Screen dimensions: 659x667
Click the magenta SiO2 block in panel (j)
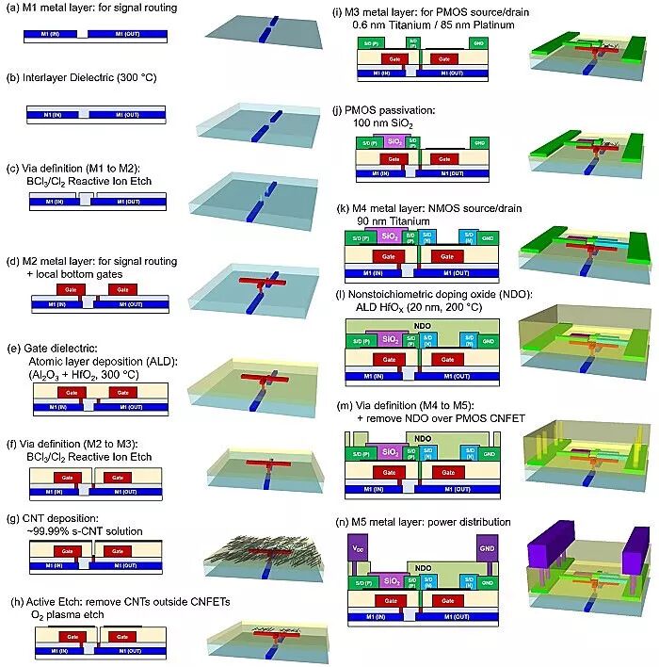[395, 142]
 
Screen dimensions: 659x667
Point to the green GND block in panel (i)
[480, 45]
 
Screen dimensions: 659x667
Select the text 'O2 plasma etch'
[61, 614]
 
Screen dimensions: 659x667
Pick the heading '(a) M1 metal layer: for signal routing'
[81, 9]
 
